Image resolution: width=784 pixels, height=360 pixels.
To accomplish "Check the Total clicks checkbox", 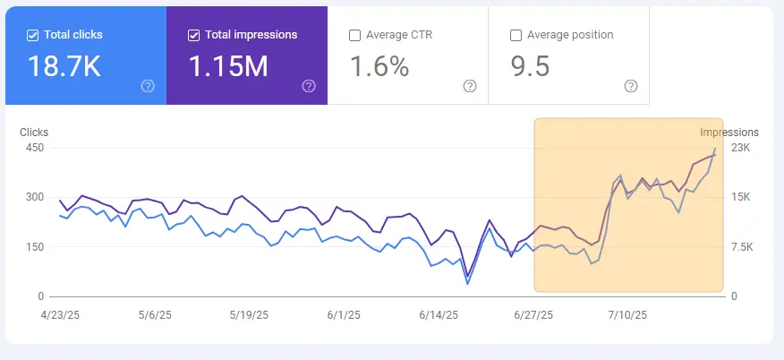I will click(x=33, y=35).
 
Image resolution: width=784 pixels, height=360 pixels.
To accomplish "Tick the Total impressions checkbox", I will click(x=194, y=35).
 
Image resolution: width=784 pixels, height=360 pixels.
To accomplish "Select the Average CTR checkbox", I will click(x=355, y=35).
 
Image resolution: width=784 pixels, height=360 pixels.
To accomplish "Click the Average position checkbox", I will click(x=516, y=35).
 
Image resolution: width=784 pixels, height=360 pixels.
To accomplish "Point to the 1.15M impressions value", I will click(x=228, y=65).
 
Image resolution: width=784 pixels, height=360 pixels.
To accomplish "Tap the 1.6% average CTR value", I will click(x=379, y=65).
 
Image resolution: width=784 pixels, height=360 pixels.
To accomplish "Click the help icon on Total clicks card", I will click(x=148, y=86).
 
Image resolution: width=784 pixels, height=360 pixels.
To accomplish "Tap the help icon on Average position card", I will click(x=631, y=86).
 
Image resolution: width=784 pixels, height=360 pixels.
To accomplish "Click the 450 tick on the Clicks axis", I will click(x=34, y=148).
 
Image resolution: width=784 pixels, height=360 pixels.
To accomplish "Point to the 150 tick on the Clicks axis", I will click(x=34, y=247).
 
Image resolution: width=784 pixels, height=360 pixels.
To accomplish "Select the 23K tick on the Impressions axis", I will click(x=741, y=148).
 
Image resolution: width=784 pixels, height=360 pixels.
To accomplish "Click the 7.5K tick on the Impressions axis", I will click(x=744, y=247).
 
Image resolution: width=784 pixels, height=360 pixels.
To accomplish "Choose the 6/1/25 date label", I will click(x=344, y=315).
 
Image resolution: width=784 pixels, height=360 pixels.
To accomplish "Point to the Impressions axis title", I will click(x=729, y=133).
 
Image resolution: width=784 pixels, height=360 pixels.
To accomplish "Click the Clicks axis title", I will click(x=35, y=133).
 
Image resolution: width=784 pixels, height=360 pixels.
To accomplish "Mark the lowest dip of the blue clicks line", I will click(x=467, y=284).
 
